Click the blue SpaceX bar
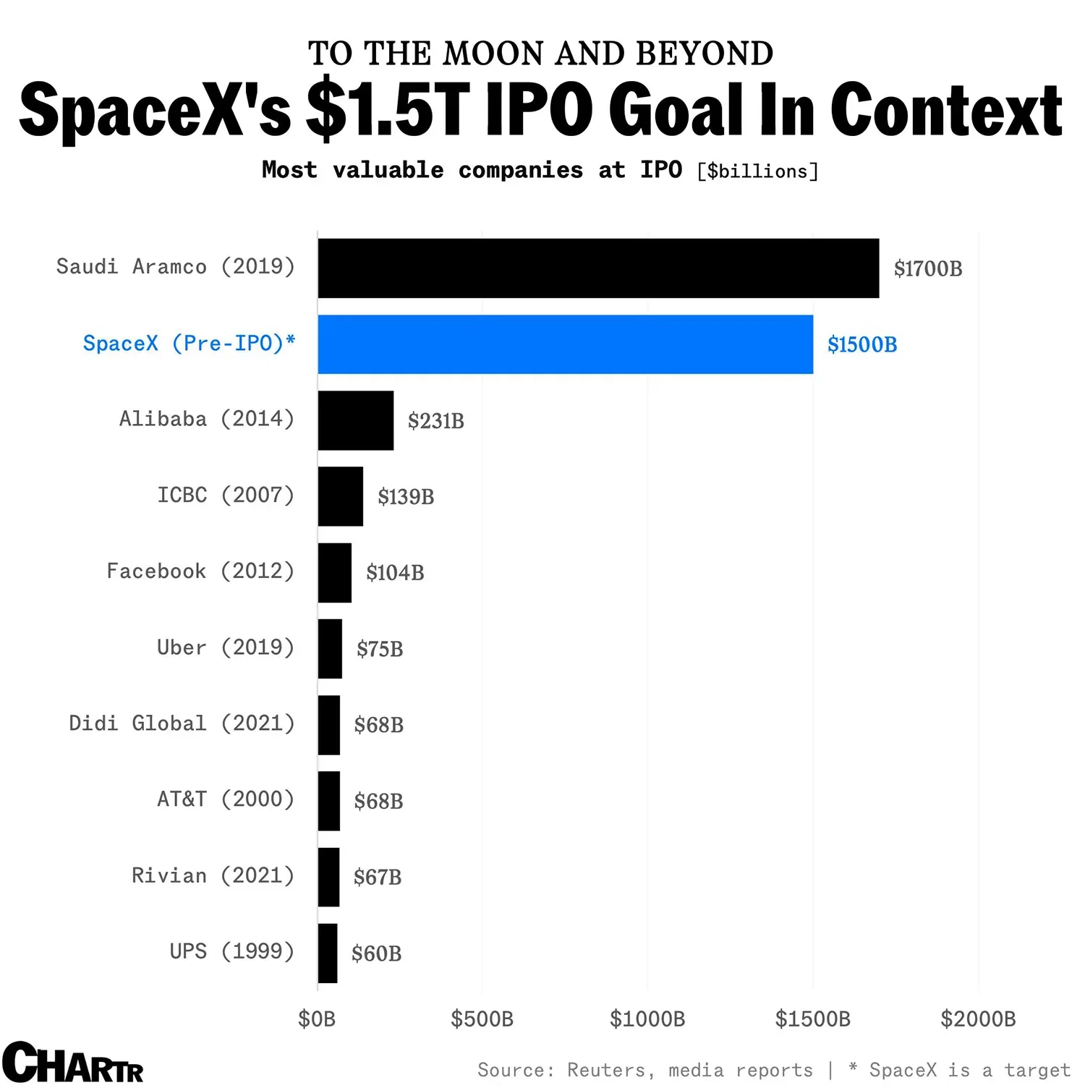pyautogui.click(x=565, y=344)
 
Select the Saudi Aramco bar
pyautogui.click(x=598, y=268)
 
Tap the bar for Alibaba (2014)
pyautogui.click(x=356, y=420)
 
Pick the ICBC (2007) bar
pyautogui.click(x=341, y=496)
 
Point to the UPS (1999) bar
pyautogui.click(x=328, y=953)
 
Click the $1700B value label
pyautogui.click(x=928, y=269)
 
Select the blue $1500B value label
pyautogui.click(x=862, y=345)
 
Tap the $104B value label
pyautogui.click(x=395, y=573)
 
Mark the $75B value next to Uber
pyautogui.click(x=380, y=649)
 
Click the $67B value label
pyautogui.click(x=378, y=877)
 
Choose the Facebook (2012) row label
pyautogui.click(x=200, y=571)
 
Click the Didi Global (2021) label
pyautogui.click(x=182, y=723)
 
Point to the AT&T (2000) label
pyautogui.click(x=226, y=799)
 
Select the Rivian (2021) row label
pyautogui.click(x=213, y=876)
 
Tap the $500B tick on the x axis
pyautogui.click(x=482, y=1019)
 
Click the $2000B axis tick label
pyautogui.click(x=978, y=1019)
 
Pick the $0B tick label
pyautogui.click(x=317, y=1019)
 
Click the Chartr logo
pyautogui.click(x=72, y=1063)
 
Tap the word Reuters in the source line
pyautogui.click(x=606, y=1070)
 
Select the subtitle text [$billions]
pyautogui.click(x=757, y=171)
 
